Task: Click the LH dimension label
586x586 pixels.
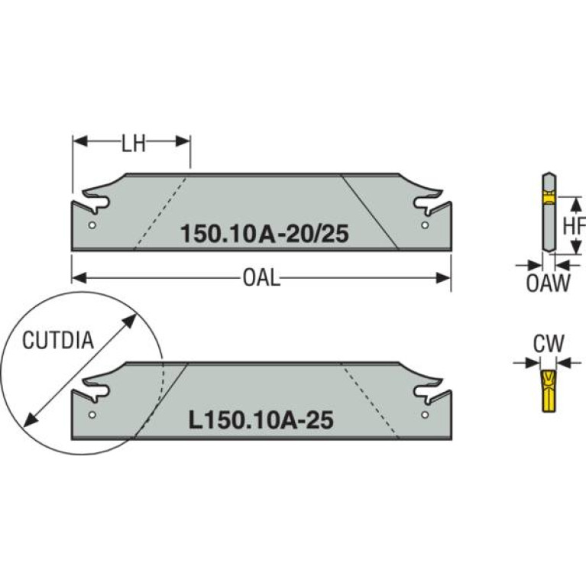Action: (x=134, y=144)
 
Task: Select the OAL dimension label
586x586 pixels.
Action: (x=261, y=278)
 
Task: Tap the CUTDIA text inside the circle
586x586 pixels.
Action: (x=58, y=341)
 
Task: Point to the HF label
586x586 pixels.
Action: (x=574, y=225)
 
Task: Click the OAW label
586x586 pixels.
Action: (x=549, y=283)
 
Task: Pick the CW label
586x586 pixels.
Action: (x=549, y=344)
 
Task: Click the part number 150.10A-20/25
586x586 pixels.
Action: (x=264, y=234)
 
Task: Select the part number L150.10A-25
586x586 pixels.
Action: (x=261, y=420)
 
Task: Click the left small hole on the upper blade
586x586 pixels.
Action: (x=92, y=225)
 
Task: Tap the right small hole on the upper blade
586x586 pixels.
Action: (x=425, y=225)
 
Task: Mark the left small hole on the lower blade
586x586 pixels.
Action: (x=92, y=414)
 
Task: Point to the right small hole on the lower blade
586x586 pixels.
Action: (x=425, y=414)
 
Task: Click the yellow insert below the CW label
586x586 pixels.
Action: (x=549, y=391)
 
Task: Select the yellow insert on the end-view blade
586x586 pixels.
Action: (x=549, y=197)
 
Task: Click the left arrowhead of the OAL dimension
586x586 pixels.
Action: (x=79, y=278)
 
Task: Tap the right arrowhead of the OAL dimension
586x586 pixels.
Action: (x=444, y=278)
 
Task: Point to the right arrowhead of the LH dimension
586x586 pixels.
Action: (x=183, y=141)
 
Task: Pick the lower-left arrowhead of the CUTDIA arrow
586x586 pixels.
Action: (x=31, y=419)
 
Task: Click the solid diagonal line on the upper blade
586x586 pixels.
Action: (x=370, y=212)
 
